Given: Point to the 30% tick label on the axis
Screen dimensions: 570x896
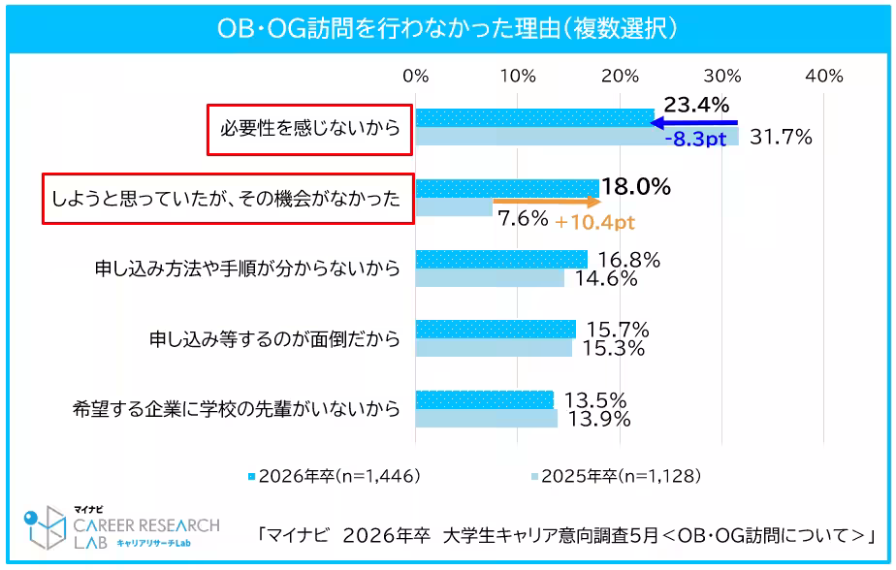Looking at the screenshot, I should pos(722,76).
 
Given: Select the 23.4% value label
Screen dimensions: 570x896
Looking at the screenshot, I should pos(696,106).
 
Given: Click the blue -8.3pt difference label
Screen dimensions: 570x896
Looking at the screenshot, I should pos(695,139).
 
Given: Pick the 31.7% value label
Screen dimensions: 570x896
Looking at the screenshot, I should pos(781,138).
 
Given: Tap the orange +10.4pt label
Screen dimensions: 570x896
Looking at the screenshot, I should pos(595,222).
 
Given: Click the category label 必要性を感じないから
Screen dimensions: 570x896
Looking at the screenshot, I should pos(310,128).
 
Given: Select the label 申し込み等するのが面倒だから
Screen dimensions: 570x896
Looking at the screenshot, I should pos(274,338).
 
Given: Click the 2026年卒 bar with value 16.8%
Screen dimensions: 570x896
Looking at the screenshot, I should pos(501,259).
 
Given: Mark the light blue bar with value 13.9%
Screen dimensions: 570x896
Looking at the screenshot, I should pos(487,420).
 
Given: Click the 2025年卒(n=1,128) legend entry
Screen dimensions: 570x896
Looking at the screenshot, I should pos(615,476).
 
